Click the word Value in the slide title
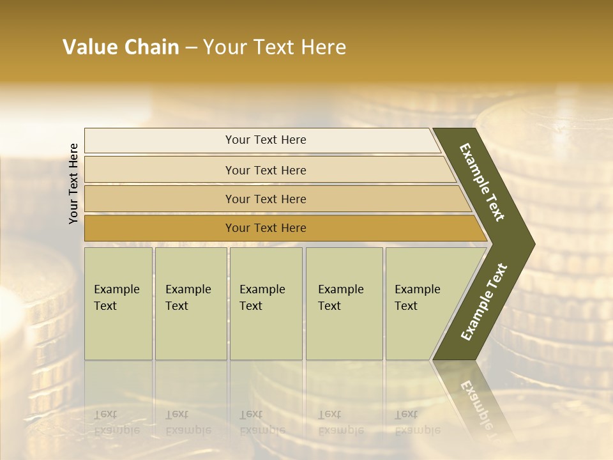tap(89, 47)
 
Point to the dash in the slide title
tap(191, 48)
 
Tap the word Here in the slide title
tap(323, 47)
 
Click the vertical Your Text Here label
tap(73, 183)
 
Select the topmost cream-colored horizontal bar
tap(262, 140)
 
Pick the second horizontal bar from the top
tap(268, 170)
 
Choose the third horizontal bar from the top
tap(275, 199)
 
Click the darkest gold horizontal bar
tap(281, 228)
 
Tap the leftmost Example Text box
tap(118, 303)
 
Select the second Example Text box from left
tap(191, 303)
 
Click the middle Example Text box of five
tap(266, 303)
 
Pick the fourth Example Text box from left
tap(344, 303)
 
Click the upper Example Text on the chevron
tap(482, 182)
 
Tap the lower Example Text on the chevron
tap(483, 302)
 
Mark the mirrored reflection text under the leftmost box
tap(116, 422)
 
